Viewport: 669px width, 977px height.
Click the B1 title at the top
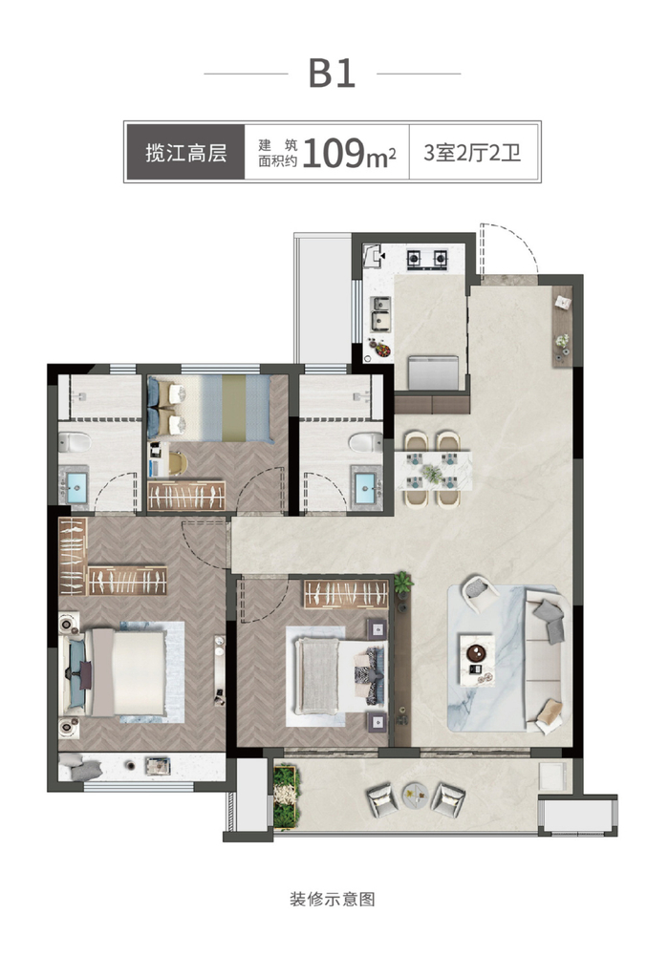pos(332,74)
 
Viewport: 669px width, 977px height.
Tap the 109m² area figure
pos(349,153)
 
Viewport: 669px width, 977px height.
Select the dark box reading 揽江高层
pos(185,152)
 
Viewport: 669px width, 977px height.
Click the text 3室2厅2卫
pos(472,153)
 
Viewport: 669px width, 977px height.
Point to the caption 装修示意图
pos(333,899)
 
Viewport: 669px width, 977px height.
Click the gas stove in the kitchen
pos(427,257)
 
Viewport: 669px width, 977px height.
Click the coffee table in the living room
pos(477,660)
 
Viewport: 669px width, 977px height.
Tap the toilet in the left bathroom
pos(75,443)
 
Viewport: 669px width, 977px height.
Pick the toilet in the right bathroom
pos(365,442)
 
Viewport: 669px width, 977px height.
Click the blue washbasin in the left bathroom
pos(76,487)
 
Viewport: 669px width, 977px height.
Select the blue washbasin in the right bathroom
pos(365,487)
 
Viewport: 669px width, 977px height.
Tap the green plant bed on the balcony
pos(286,796)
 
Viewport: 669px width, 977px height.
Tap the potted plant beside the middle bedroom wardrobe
pos(402,584)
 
